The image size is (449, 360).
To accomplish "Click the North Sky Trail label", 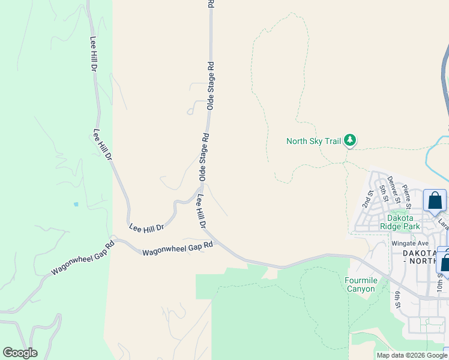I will tap(313, 141).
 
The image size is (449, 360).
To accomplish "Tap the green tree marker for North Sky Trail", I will tap(350, 141).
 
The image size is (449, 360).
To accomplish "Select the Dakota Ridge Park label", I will tap(400, 222).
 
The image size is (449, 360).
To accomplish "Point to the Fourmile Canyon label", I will tap(360, 284).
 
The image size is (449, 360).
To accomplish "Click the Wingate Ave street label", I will tap(410, 244).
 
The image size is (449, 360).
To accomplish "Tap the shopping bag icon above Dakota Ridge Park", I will tap(435, 201).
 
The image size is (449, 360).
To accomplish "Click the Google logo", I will tap(20, 353).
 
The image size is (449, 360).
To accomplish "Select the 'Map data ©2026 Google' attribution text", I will tap(412, 355).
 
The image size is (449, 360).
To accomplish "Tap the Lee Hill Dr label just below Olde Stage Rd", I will tap(201, 211).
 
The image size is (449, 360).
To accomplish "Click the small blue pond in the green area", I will tap(76, 204).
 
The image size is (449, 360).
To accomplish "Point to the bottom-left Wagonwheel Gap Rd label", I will tap(82, 259).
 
